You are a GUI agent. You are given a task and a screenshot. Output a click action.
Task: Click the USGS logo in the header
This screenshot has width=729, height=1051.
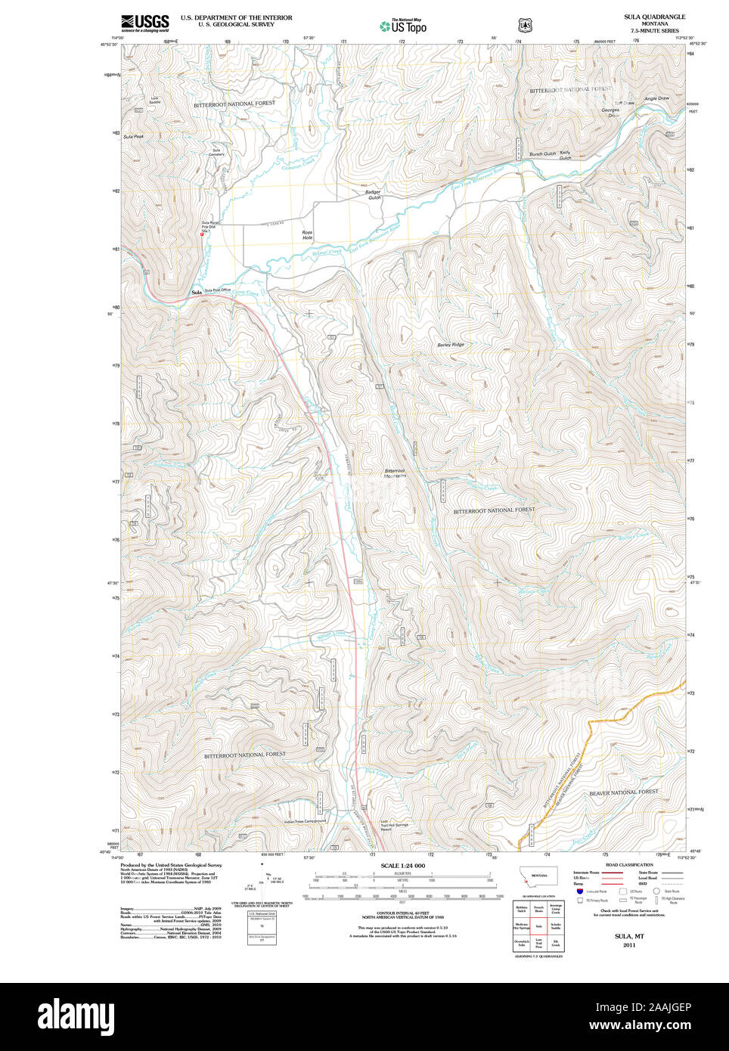pyautogui.click(x=144, y=23)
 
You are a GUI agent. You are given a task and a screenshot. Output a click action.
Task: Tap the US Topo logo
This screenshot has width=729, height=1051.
pyautogui.click(x=404, y=26)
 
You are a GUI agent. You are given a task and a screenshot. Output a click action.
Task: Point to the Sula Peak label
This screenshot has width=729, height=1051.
pyautogui.click(x=133, y=136)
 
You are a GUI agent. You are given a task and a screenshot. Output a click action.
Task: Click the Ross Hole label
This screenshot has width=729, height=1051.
pyautogui.click(x=307, y=235)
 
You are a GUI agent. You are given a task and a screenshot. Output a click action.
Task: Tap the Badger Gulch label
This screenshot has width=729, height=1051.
pyautogui.click(x=374, y=194)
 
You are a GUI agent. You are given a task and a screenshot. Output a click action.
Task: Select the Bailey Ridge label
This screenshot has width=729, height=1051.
pyautogui.click(x=451, y=345)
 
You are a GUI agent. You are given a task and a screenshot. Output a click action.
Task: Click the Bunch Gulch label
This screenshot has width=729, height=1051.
pyautogui.click(x=542, y=153)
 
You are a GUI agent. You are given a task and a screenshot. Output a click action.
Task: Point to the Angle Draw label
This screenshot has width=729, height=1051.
pyautogui.click(x=656, y=98)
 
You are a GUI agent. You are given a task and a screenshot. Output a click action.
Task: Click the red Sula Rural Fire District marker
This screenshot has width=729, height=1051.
pyautogui.click(x=202, y=234)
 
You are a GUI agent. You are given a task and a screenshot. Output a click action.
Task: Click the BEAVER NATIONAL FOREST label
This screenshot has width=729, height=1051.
pyautogui.click(x=624, y=792)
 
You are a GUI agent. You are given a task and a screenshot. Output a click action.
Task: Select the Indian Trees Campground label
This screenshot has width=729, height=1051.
pyautogui.click(x=305, y=821)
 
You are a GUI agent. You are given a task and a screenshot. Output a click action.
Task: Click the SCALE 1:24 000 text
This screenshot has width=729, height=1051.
pyautogui.click(x=402, y=866)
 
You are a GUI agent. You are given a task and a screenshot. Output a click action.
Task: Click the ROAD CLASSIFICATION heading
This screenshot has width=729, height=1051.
pyautogui.click(x=629, y=864)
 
